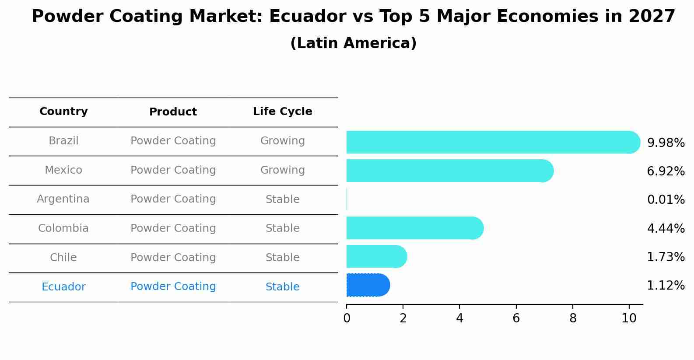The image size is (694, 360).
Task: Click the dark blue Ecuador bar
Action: point(367,285)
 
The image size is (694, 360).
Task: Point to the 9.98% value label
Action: point(666,143)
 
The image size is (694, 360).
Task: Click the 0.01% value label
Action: point(666,200)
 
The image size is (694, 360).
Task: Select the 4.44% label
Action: point(666,228)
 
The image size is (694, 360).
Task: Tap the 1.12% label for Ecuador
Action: point(666,286)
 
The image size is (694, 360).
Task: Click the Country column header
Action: point(63,112)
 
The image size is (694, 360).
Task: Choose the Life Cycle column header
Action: point(282,112)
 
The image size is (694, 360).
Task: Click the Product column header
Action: point(173,112)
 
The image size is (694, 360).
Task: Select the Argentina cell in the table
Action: point(63,199)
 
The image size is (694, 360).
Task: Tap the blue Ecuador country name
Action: point(63,287)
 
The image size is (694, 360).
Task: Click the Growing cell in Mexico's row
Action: point(282,170)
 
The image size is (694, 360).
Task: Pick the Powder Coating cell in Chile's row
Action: point(173,258)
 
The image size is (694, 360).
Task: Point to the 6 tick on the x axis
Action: point(516,318)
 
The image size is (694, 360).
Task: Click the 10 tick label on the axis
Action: point(629,318)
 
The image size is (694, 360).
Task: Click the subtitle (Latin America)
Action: point(353,43)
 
